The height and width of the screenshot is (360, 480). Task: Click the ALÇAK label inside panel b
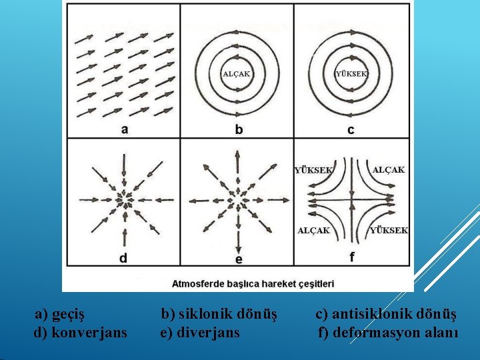coord(236,74)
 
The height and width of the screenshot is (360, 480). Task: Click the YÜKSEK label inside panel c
coord(351,74)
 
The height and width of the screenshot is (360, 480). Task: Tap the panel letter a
coord(125,129)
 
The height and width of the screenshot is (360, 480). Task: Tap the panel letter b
coord(239,129)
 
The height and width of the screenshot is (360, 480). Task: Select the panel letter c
coord(351,129)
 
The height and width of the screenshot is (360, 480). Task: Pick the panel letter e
coord(239,259)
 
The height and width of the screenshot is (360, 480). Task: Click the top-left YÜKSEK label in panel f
coord(314,170)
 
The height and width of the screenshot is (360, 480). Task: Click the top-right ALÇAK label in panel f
coord(388,170)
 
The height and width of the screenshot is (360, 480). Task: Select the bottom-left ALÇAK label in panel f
coord(313,230)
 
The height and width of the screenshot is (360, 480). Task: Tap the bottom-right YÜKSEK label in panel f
coord(389,230)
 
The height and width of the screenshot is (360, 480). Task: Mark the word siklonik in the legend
coord(205,313)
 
